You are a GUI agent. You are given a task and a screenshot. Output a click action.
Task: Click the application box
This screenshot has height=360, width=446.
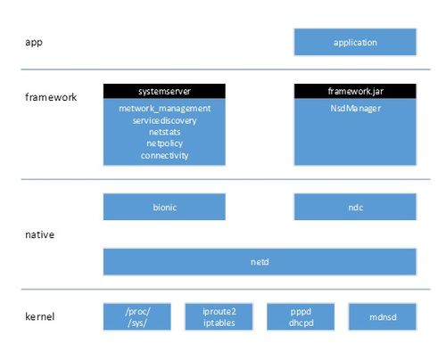click(x=355, y=42)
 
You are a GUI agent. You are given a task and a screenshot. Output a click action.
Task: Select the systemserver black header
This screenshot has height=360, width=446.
click(x=164, y=91)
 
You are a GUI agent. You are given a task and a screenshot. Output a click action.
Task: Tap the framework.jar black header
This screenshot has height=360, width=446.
click(x=355, y=91)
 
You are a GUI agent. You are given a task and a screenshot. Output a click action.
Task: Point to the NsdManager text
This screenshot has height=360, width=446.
click(x=355, y=109)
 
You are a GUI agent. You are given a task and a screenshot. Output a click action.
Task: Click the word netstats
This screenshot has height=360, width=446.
click(x=164, y=132)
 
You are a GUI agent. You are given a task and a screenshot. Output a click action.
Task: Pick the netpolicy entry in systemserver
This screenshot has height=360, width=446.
click(x=164, y=143)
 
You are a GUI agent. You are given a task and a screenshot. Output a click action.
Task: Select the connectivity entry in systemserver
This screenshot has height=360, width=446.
click(x=164, y=155)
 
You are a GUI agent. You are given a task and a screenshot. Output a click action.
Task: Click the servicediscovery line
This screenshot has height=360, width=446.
click(x=164, y=120)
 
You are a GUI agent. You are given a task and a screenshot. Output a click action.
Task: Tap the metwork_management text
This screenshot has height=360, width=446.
click(x=164, y=109)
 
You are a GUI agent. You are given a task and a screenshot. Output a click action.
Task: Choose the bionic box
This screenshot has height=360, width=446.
click(x=164, y=207)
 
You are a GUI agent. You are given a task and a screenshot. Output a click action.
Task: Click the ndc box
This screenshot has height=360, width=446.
click(x=355, y=207)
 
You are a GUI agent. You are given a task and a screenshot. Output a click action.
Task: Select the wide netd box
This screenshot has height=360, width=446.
click(x=260, y=262)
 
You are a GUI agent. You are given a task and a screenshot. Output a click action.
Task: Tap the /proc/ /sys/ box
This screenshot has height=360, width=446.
click(x=137, y=316)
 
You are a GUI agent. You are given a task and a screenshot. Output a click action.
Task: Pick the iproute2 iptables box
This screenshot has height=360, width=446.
click(x=219, y=316)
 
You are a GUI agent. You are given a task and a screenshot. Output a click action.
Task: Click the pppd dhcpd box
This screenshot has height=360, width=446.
click(x=301, y=316)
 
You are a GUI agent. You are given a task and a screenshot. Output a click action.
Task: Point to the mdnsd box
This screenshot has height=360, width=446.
click(x=383, y=316)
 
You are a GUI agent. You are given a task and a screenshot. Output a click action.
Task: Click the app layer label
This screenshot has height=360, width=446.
click(x=34, y=42)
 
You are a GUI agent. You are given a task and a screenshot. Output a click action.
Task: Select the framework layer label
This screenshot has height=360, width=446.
click(x=51, y=97)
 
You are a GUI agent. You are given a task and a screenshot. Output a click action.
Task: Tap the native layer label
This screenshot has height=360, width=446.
click(x=39, y=234)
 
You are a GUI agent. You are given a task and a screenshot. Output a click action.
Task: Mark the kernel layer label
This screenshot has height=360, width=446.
click(x=39, y=316)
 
